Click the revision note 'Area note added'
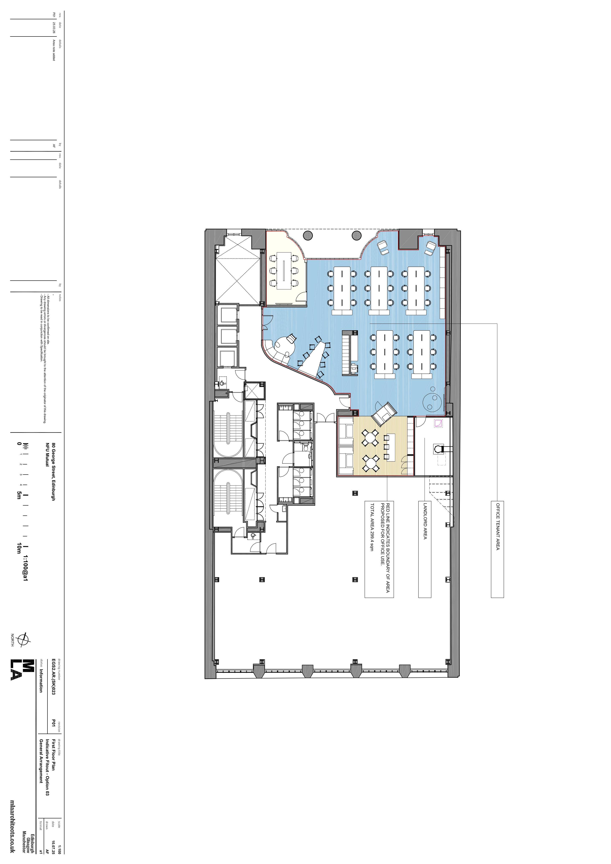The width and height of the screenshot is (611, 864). click(x=54, y=50)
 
